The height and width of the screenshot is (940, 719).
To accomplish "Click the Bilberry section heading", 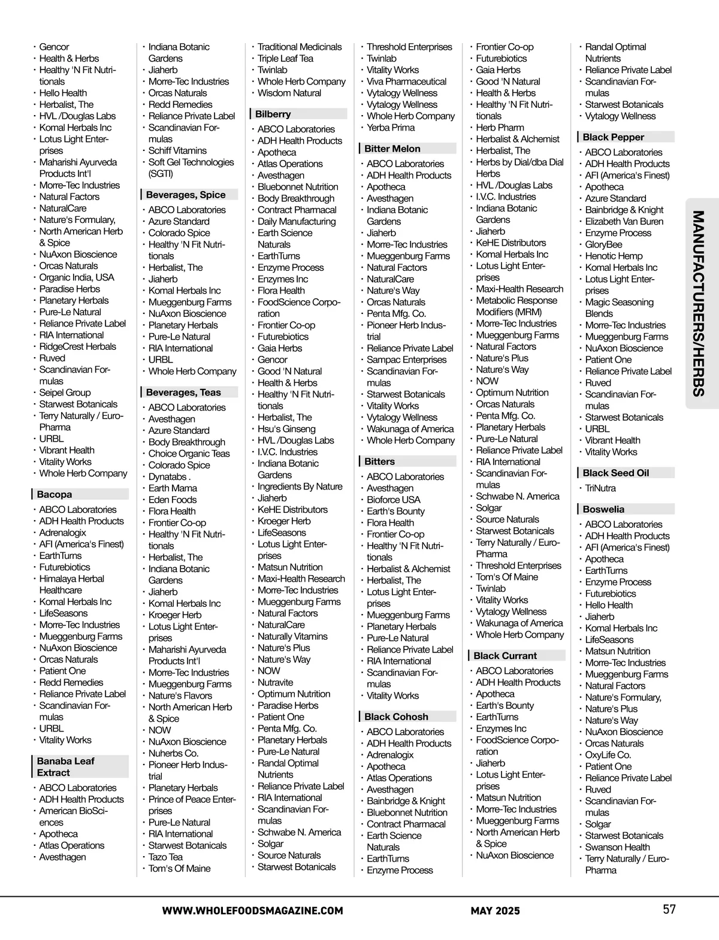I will coord(273,114).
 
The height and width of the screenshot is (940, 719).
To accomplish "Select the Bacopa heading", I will coord(55,494).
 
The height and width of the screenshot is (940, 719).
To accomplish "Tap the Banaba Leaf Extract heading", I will coord(66,766).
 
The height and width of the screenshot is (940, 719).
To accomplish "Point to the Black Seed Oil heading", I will coord(616,473).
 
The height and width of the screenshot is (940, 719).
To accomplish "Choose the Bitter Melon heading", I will coord(392,149).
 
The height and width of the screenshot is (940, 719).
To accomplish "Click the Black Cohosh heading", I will coord(396,717).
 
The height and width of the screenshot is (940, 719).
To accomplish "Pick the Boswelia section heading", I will coord(603,509).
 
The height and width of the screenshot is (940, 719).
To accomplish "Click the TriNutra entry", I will coord(600,488).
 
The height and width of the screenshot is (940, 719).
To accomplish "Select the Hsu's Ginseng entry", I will coord(286,429).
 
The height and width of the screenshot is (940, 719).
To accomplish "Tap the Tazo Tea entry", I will coord(166,857).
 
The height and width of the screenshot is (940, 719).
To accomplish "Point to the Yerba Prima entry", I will coord(391,128).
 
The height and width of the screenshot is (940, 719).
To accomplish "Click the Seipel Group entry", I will coord(65,392).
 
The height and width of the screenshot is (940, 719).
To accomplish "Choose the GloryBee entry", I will coord(603,244).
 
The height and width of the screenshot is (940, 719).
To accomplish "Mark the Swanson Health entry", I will coord(617,847).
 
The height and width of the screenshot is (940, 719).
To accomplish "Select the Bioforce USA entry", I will coord(394,500).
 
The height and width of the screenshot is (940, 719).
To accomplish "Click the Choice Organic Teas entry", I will coord(189,454).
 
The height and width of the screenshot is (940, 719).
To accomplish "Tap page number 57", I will coord(669,909).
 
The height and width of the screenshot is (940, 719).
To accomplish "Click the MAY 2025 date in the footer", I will coord(495,911).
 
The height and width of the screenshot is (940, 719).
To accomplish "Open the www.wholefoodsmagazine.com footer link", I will coord(252,911).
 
